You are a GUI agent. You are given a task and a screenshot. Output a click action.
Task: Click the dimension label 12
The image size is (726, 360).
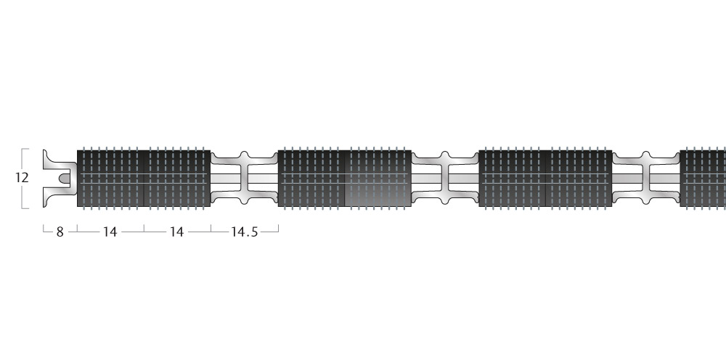click(22, 178)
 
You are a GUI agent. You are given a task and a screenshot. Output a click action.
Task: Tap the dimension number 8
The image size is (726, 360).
click(60, 232)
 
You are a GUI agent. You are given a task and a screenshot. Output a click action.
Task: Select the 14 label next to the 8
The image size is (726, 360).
click(110, 232)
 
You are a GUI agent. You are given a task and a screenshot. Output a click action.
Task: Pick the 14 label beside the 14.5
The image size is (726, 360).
click(177, 232)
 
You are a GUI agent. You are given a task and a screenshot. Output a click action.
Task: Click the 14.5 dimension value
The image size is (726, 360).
click(244, 232)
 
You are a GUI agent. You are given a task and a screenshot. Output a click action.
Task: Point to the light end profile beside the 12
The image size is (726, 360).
click(60, 178)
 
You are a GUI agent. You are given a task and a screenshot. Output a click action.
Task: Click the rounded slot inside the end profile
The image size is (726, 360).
click(65, 178)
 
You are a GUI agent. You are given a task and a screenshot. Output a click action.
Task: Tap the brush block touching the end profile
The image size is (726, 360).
click(110, 178)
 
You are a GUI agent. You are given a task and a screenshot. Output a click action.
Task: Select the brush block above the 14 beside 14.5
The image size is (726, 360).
click(177, 178)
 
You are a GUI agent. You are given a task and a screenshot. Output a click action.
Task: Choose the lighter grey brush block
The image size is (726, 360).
click(378, 178)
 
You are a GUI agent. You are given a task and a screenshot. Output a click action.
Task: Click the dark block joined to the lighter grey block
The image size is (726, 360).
click(311, 178)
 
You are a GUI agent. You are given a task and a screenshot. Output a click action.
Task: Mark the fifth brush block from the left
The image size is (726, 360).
click(512, 178)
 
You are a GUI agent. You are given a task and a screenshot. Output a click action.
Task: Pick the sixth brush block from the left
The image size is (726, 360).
click(579, 178)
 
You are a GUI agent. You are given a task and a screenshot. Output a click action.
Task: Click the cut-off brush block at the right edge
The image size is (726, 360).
click(703, 178)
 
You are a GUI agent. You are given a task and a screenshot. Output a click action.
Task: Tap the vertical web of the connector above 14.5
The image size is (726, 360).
click(245, 178)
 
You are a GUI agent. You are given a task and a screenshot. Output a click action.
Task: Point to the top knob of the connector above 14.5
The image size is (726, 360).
click(245, 155)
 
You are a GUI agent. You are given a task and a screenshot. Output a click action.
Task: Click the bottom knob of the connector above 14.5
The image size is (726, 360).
click(245, 201)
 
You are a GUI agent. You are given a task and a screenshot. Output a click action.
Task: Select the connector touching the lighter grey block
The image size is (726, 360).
click(446, 178)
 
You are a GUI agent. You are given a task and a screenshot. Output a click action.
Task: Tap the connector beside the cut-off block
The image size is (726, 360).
click(646, 178)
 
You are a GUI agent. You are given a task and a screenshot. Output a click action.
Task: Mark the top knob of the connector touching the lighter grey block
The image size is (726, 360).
click(446, 155)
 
